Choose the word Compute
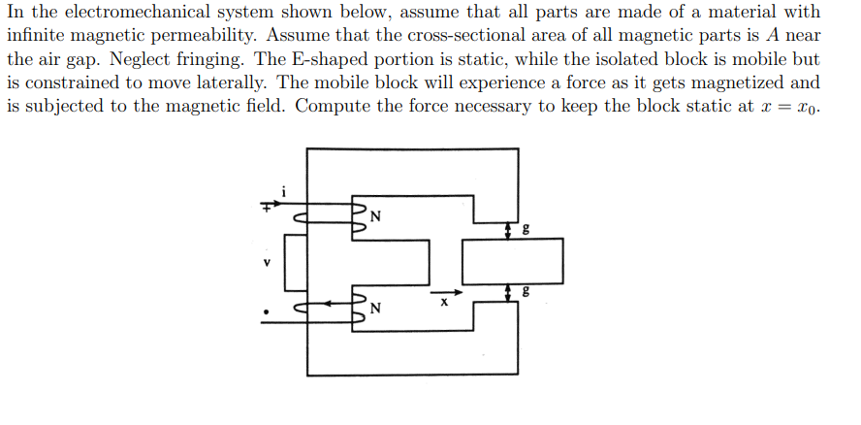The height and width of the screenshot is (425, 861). [329, 106]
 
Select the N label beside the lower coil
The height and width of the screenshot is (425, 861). [375, 310]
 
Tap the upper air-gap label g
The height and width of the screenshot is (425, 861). [526, 230]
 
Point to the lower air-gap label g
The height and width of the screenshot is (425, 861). [526, 291]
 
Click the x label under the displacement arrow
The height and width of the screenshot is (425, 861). [444, 304]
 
